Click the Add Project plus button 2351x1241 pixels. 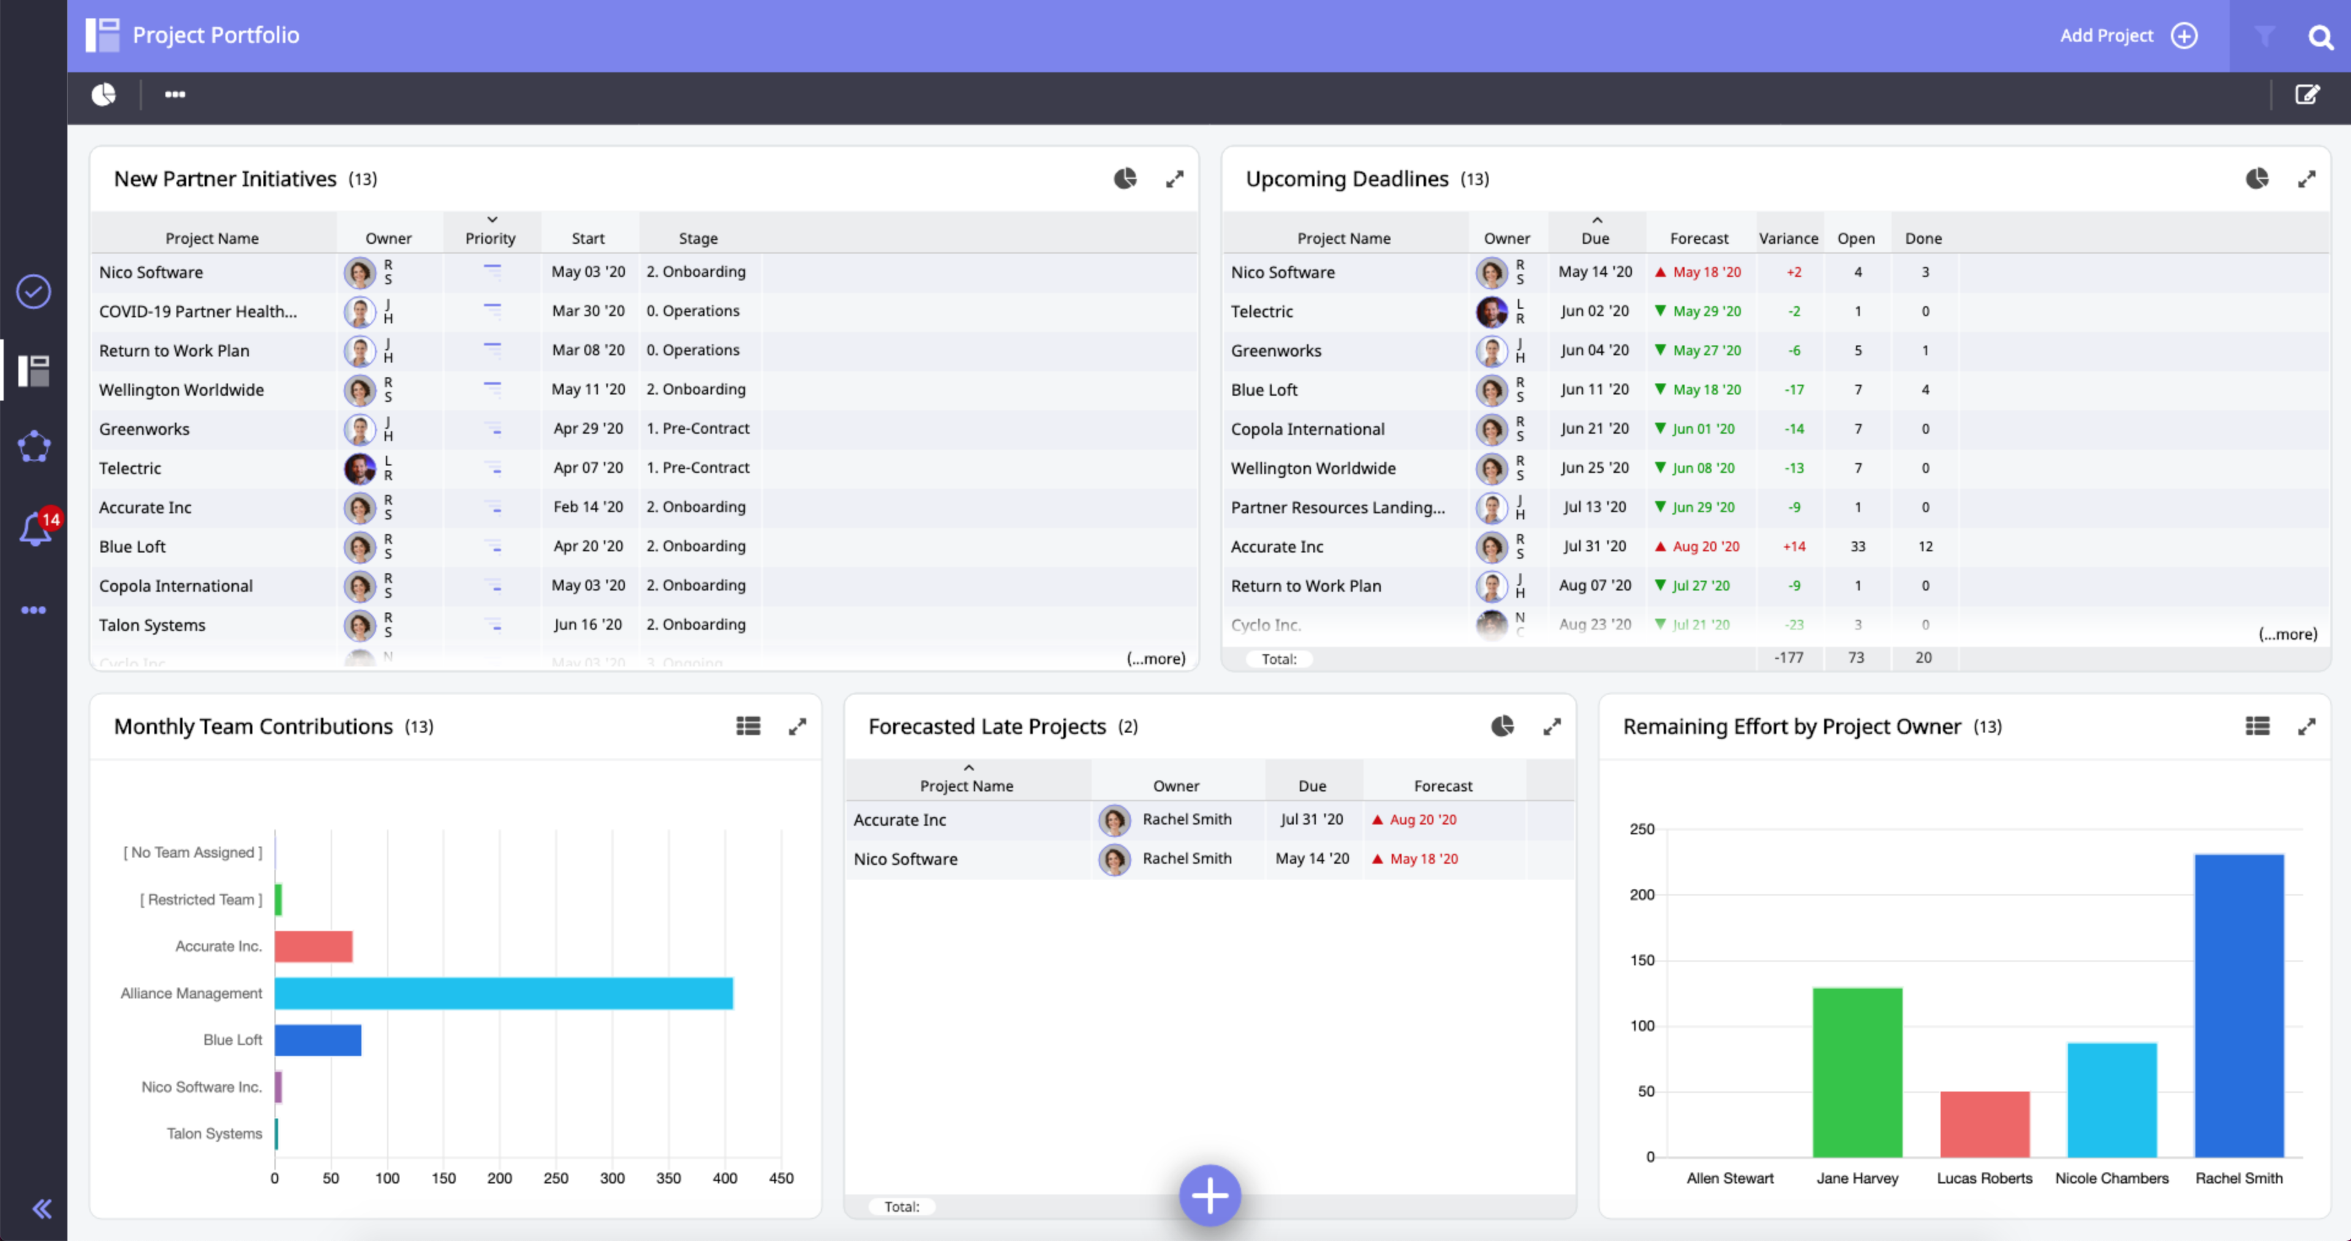tap(2184, 36)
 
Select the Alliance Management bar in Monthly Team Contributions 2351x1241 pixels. tap(503, 993)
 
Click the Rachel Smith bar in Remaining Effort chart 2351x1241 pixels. tap(2238, 1005)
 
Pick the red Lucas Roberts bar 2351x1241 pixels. tap(1984, 1123)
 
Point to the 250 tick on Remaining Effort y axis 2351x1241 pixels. tap(1641, 829)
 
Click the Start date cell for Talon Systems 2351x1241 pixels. tap(588, 624)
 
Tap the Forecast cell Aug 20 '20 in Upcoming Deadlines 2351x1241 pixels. tap(1705, 546)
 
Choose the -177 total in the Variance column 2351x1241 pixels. tap(1788, 657)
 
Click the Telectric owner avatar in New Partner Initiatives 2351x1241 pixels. tap(360, 468)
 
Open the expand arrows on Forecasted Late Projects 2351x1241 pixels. tap(1552, 726)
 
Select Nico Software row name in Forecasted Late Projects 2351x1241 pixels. tap(905, 859)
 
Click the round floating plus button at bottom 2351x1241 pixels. tap(1209, 1194)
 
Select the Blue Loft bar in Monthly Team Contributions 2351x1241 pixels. tap(317, 1039)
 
